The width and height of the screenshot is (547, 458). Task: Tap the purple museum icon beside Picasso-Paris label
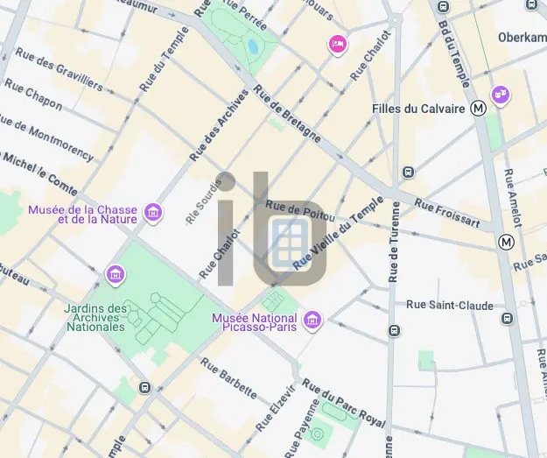pos(312,322)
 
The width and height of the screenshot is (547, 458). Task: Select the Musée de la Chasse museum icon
pos(153,213)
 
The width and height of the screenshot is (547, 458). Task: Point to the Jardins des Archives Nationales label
pos(95,317)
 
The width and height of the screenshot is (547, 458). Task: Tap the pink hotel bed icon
pos(337,44)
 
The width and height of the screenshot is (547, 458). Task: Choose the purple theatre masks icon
pos(500,93)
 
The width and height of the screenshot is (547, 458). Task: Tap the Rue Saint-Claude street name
pos(449,305)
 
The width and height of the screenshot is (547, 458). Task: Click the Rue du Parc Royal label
pos(344,404)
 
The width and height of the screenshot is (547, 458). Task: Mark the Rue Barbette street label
pos(228,378)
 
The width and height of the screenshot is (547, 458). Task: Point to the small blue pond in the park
pos(253,46)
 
